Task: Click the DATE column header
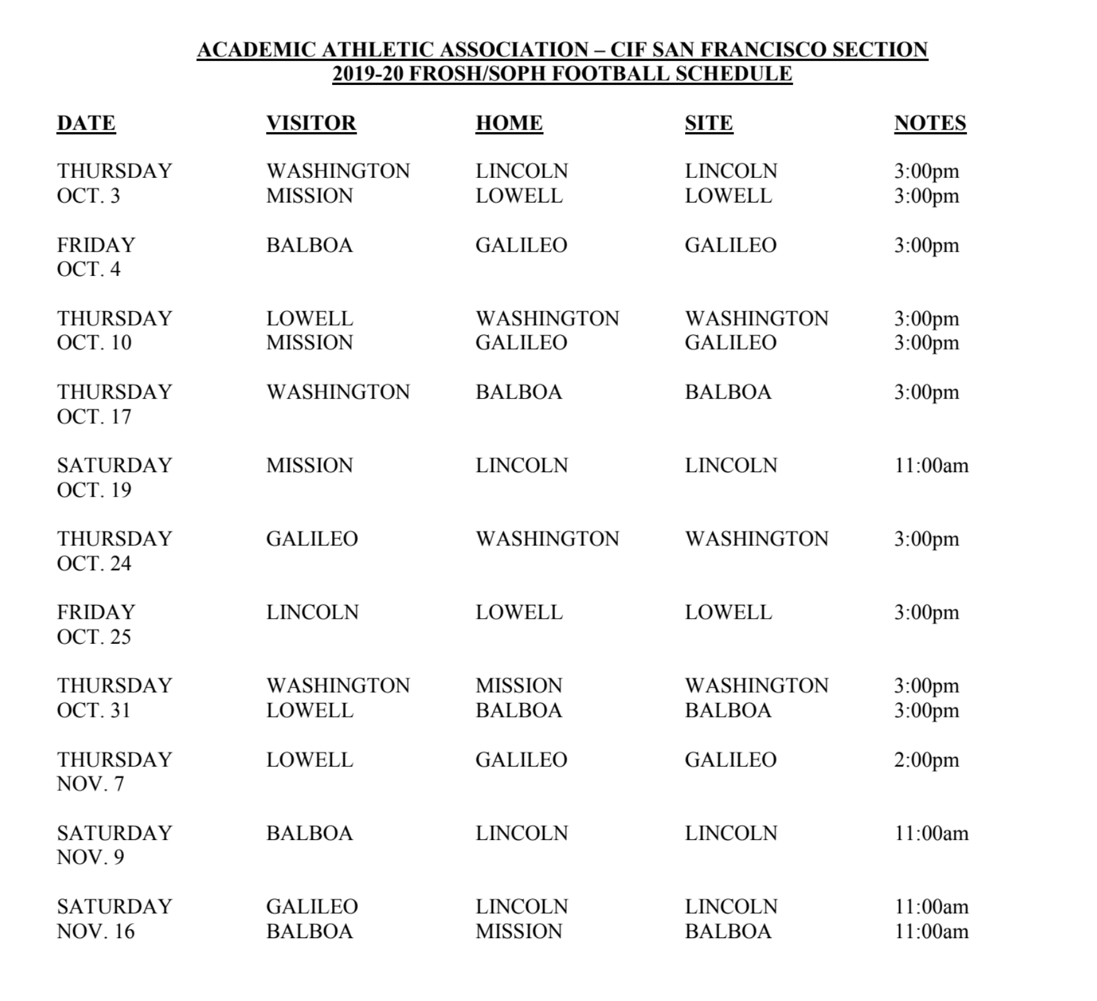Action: [x=86, y=123]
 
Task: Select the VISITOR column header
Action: [x=311, y=123]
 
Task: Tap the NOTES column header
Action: [x=930, y=123]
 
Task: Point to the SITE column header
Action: [x=708, y=123]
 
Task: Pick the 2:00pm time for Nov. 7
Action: [x=926, y=760]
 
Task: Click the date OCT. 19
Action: [x=94, y=490]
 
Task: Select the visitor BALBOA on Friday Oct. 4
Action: [x=309, y=245]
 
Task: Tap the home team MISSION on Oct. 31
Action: [x=518, y=685]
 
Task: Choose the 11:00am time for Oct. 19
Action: [x=931, y=465]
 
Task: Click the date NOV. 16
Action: [x=96, y=931]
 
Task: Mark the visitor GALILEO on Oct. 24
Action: [x=311, y=539]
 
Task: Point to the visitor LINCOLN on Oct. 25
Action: [x=312, y=612]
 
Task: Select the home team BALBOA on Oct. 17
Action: [x=518, y=392]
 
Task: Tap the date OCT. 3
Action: [x=88, y=196]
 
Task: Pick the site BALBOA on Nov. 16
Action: [x=728, y=931]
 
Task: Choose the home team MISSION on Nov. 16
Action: [x=518, y=931]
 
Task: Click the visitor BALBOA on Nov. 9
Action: [x=309, y=833]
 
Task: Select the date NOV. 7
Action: [x=90, y=784]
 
